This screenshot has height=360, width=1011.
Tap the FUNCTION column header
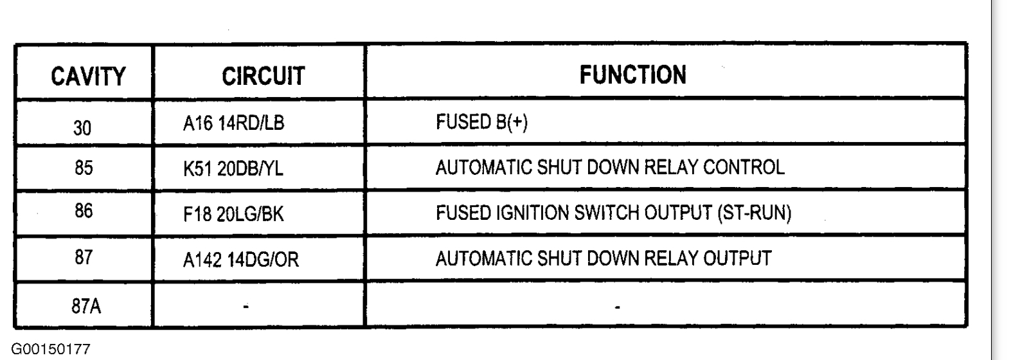coord(632,75)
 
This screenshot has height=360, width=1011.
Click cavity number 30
coord(82,128)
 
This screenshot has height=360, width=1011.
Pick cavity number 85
coord(83,168)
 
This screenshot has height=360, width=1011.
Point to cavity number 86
coord(83,212)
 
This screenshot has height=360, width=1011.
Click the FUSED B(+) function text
coord(481,123)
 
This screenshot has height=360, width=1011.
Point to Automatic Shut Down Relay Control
coord(610,168)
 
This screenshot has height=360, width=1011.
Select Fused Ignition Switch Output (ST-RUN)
coord(613,213)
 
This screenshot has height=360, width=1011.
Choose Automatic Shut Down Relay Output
coord(603,258)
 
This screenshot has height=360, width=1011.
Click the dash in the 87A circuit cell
coord(246,307)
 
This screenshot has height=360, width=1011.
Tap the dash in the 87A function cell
coord(617,307)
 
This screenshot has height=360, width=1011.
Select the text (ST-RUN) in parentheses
coord(753,213)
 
